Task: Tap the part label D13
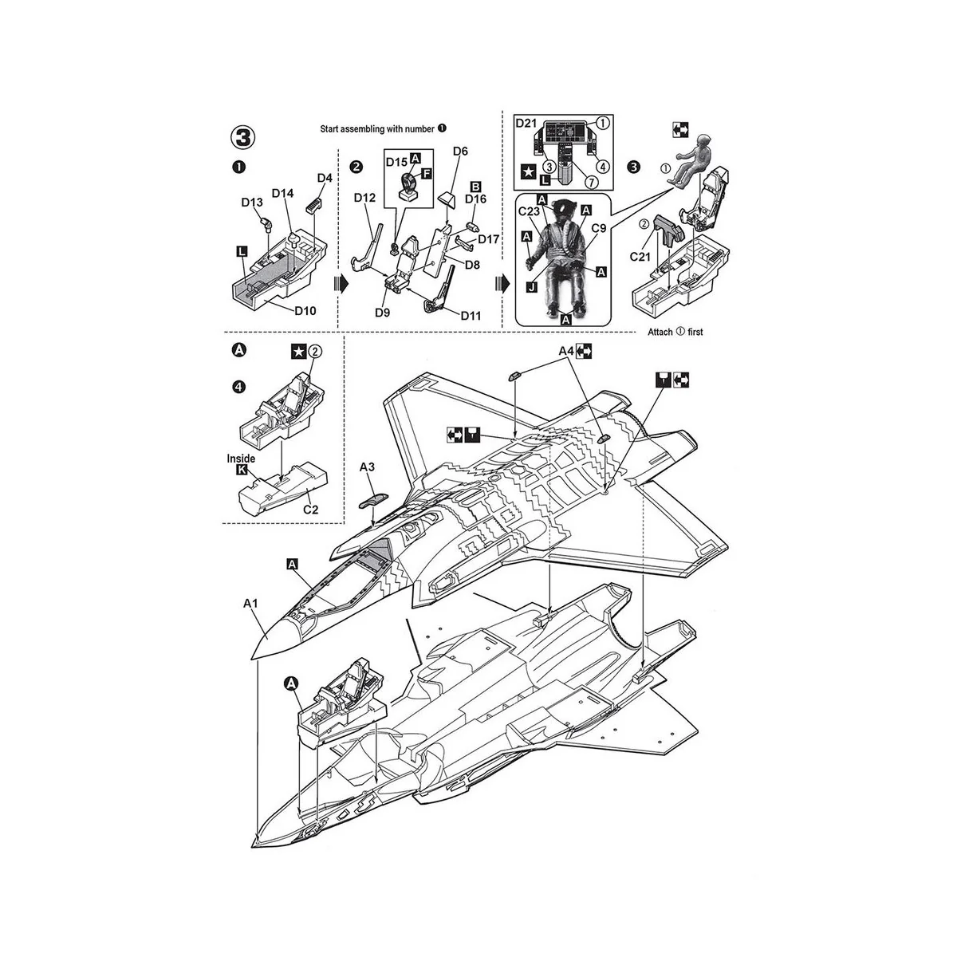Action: pyautogui.click(x=252, y=203)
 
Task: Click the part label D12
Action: pyautogui.click(x=364, y=197)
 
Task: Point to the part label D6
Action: pyautogui.click(x=460, y=151)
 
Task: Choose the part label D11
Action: pyautogui.click(x=471, y=316)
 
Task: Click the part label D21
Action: pyautogui.click(x=526, y=123)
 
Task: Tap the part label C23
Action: pyautogui.click(x=530, y=211)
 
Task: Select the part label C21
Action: pyautogui.click(x=642, y=258)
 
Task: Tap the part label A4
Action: pyautogui.click(x=566, y=350)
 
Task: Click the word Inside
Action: pyautogui.click(x=241, y=459)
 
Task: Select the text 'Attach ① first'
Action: pyautogui.click(x=675, y=332)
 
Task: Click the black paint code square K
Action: pyautogui.click(x=242, y=471)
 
